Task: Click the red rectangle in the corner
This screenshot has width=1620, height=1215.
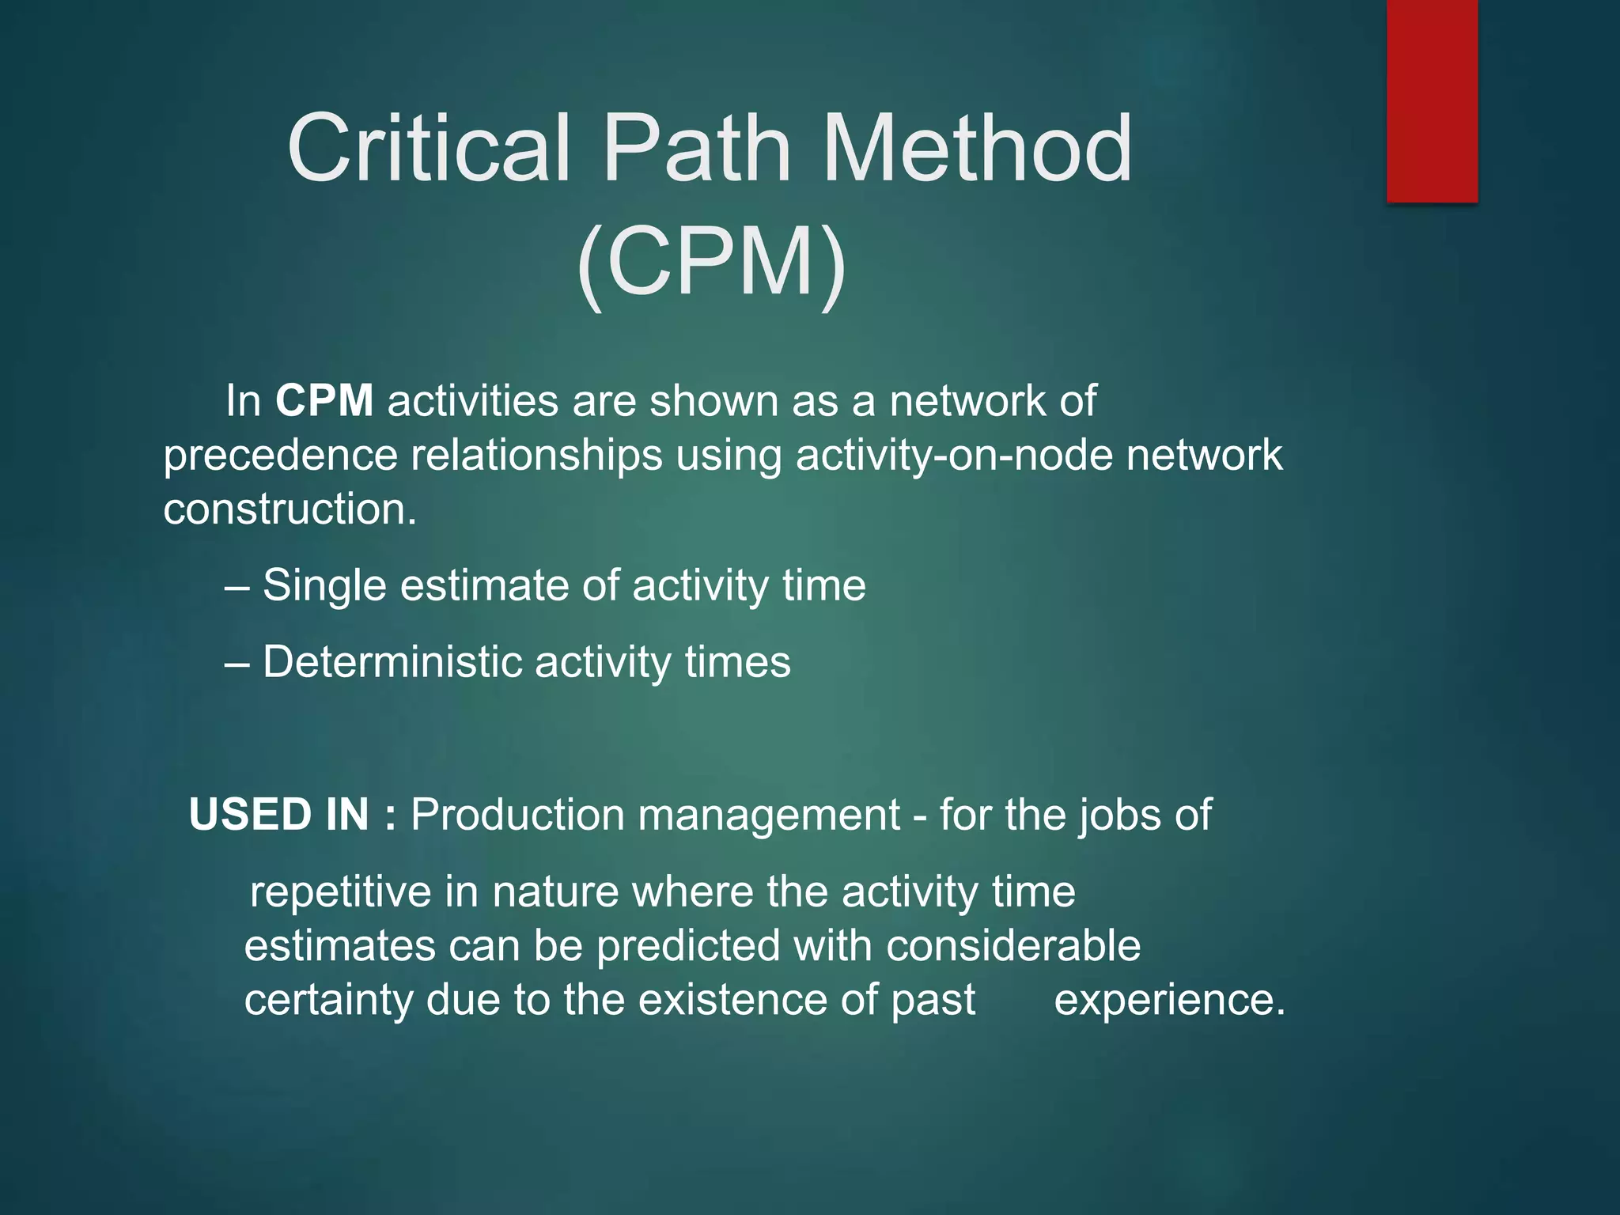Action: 1432,100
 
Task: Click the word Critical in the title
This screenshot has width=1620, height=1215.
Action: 428,148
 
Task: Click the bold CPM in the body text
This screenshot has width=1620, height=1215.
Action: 324,400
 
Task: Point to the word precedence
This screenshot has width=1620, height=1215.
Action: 280,456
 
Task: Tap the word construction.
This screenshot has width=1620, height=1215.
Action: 290,509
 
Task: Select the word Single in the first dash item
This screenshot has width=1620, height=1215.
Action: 324,586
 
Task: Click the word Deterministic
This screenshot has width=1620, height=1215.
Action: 392,662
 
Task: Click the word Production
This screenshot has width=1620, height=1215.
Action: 517,815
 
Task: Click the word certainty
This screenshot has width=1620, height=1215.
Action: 328,1001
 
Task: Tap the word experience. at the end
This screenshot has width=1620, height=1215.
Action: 1169,1001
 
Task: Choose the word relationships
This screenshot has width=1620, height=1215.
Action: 536,456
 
